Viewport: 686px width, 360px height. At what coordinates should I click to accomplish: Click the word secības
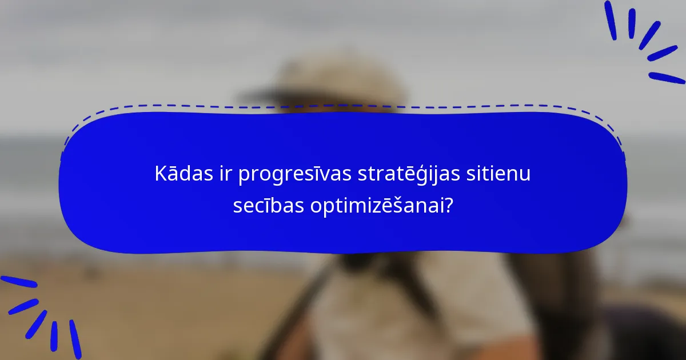(x=268, y=205)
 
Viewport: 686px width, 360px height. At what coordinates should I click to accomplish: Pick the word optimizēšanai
(x=381, y=206)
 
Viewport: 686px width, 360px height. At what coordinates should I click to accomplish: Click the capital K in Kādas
(x=160, y=174)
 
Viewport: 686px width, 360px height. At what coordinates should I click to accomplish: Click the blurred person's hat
(x=326, y=80)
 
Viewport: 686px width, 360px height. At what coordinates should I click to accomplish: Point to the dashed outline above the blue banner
(x=343, y=106)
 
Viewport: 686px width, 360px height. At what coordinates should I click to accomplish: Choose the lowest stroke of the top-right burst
(x=667, y=78)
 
